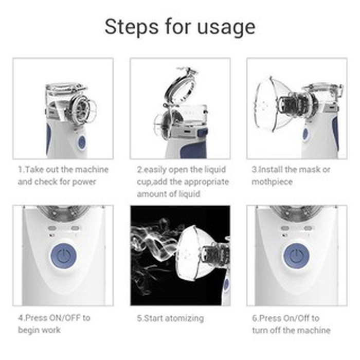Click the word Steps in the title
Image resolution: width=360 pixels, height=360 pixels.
click(132, 27)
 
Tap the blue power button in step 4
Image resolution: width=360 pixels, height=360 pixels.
click(63, 256)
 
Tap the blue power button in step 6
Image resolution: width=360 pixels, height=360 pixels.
click(297, 256)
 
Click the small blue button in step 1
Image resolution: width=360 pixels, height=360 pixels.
click(82, 142)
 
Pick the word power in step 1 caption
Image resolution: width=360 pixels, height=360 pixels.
click(84, 182)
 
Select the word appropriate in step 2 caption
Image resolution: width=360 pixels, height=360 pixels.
click(206, 182)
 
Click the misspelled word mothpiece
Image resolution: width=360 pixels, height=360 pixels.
click(272, 182)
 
